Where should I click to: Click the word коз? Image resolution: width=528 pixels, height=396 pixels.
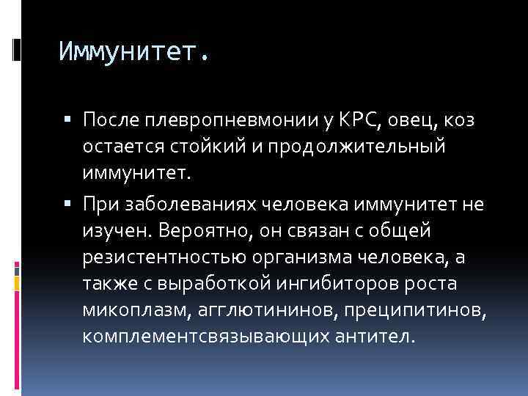coord(460,120)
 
